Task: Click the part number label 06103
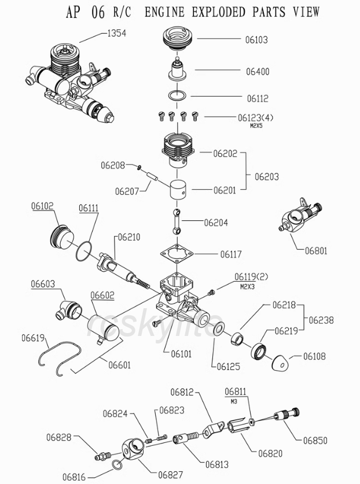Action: coord(256,40)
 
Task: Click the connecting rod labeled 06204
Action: coord(177,221)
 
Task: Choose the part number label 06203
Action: coord(267,176)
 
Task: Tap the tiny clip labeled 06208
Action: coord(139,167)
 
